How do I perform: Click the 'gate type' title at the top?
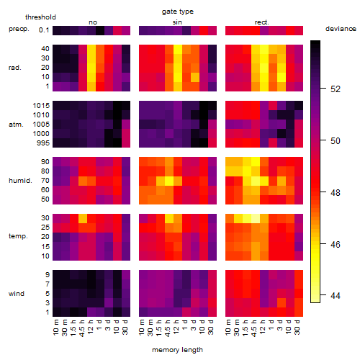[178, 12]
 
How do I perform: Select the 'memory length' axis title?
[177, 350]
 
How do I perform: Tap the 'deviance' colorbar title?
[341, 29]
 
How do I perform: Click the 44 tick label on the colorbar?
[336, 295]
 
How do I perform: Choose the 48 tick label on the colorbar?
[336, 192]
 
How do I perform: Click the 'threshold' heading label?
[40, 17]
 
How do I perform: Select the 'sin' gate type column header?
[177, 22]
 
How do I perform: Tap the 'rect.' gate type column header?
[261, 22]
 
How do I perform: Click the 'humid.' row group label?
[20, 181]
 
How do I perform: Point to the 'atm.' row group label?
[16, 125]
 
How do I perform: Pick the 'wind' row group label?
[17, 294]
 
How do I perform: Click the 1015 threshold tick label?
[41, 106]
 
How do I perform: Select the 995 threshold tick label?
[43, 143]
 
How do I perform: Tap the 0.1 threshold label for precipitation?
[44, 30]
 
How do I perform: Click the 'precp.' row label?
[19, 29]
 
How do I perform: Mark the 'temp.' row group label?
[18, 236]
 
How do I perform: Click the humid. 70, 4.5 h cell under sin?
[169, 181]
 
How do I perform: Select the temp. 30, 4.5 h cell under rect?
[256, 218]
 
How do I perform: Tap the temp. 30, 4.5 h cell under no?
[83, 218]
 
